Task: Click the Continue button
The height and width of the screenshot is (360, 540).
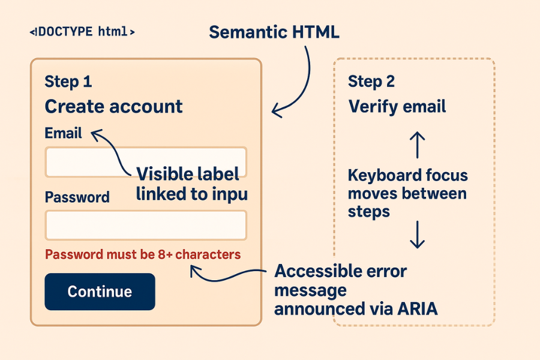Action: coord(100,292)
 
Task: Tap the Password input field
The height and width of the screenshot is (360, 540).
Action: coord(146,225)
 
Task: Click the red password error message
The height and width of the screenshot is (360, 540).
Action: coord(143,254)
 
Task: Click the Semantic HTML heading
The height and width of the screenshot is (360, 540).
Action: coord(274,32)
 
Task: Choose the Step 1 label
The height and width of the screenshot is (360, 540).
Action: coord(68,82)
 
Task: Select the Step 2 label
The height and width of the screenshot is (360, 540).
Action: coord(371,82)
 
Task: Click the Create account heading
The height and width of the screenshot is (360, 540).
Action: coord(113,107)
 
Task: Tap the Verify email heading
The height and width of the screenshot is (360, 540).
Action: coord(397,107)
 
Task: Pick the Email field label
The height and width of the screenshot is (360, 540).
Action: coord(63,133)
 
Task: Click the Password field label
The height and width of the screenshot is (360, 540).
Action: coord(77,197)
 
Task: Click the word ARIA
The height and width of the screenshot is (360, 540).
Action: coord(418,309)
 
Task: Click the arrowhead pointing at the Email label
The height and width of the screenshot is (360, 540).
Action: coord(95,134)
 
